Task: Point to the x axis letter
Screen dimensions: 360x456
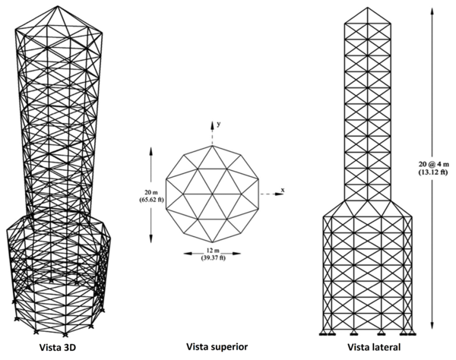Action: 282,188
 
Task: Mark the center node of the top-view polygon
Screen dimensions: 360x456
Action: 213,195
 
